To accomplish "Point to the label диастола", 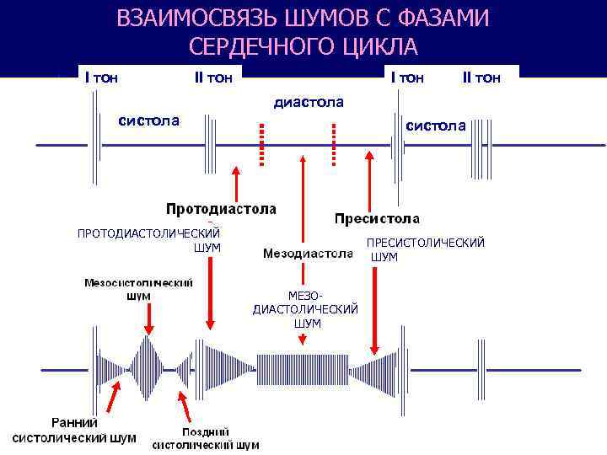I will coord(309,102).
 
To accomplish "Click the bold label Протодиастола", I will coord(221,208).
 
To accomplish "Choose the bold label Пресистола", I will coord(377,219).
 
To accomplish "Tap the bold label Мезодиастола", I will coord(308,252).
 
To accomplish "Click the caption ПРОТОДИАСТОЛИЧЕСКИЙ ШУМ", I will coord(148,240).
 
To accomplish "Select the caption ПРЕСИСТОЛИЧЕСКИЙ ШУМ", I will coord(424,249).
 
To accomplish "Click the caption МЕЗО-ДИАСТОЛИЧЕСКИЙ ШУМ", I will coord(305,309).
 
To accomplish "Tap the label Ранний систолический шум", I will coord(74,430).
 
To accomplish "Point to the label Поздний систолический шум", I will coord(206,438).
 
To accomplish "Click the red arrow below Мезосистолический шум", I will coord(148,318).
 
